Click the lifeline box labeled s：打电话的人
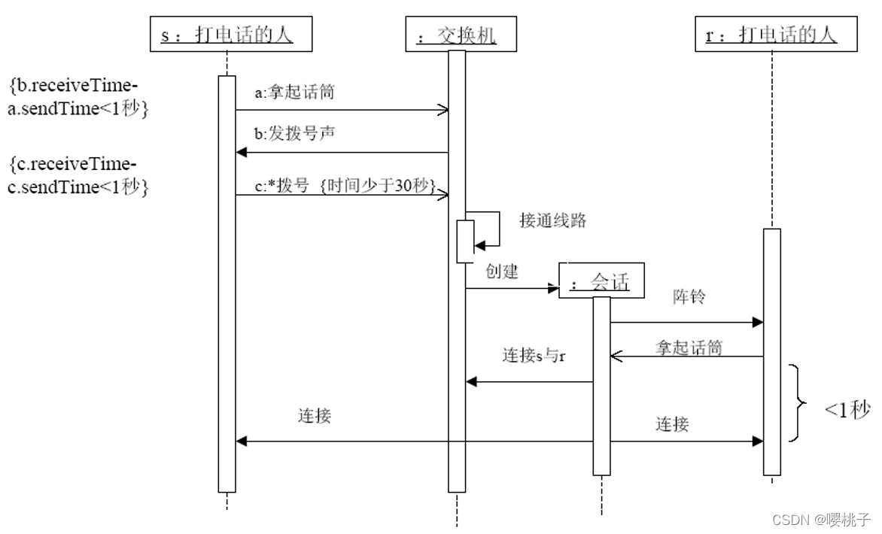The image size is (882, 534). pos(227,35)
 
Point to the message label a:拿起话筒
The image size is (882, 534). pos(295,93)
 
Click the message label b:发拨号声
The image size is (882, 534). pos(295,135)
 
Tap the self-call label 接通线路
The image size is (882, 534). pos(552,220)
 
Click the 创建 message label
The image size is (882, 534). pos(502,272)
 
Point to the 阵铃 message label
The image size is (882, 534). pos(689,297)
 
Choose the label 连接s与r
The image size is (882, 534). pos(534,356)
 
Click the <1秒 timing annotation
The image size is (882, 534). pos(847,410)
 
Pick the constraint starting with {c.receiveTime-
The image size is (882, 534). pos(79,175)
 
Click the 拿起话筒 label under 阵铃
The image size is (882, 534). pos(689,347)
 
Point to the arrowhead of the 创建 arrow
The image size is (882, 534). pos(553,288)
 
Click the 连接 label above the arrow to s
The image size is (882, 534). pos(315,415)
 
